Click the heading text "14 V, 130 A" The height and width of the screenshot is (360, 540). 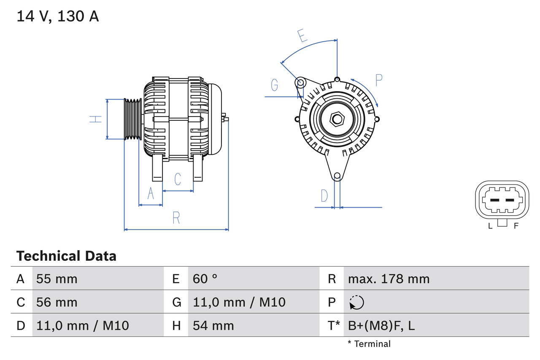coord(57,16)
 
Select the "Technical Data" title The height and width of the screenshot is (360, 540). coord(66,256)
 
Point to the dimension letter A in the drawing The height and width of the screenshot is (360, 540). coord(151,193)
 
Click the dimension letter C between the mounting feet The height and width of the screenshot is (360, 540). coord(178,179)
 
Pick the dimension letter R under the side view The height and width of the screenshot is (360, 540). coord(176,218)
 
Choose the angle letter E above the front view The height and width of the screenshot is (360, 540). coord(302,36)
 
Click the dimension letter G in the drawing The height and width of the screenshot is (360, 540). coord(275,85)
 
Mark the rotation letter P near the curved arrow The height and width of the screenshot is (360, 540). coord(378,80)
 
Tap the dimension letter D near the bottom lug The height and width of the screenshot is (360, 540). coord(324,196)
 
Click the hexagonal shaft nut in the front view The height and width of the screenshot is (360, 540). coord(337,119)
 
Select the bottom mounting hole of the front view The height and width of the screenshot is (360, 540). coord(337,176)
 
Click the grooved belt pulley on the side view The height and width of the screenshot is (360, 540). coord(133,119)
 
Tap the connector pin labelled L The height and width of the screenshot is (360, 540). coord(494,200)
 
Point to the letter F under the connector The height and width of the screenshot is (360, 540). coord(516,226)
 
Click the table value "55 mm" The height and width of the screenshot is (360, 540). coord(57,279)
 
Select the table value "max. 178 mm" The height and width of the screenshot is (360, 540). coord(389,279)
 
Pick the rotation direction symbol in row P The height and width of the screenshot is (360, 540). coord(356,302)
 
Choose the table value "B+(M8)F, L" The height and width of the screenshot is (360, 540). coord(381,325)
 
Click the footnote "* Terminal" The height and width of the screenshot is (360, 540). coord(369,344)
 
